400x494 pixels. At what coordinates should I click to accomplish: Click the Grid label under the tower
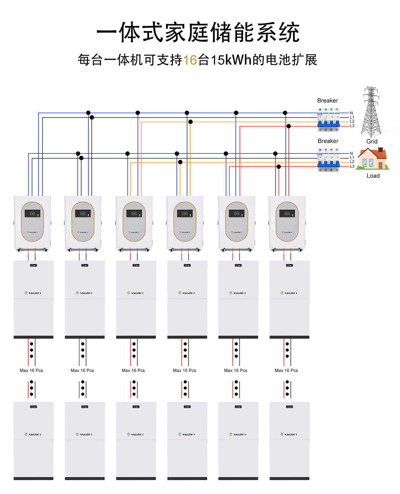372,142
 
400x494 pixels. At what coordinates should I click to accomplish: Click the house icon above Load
372,159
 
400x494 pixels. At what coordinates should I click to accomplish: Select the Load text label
373,176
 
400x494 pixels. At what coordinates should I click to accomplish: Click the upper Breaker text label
327,101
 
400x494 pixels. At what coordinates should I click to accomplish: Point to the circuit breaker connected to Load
328,160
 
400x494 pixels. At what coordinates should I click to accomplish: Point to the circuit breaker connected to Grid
328,120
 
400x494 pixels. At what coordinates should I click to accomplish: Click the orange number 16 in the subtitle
190,60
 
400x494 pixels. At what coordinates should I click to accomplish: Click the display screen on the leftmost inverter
32,213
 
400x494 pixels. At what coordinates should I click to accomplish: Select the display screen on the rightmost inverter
287,213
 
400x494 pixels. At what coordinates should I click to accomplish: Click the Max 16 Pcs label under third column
133,370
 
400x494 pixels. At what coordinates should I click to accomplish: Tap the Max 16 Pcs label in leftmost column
31,370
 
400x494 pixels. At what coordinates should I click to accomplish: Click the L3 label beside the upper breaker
352,126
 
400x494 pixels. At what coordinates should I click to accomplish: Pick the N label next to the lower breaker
351,153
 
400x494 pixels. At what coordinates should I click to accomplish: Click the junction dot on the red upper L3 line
289,126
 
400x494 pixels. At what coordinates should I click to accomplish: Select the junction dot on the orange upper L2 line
190,122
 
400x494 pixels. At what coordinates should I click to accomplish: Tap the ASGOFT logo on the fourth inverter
185,232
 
